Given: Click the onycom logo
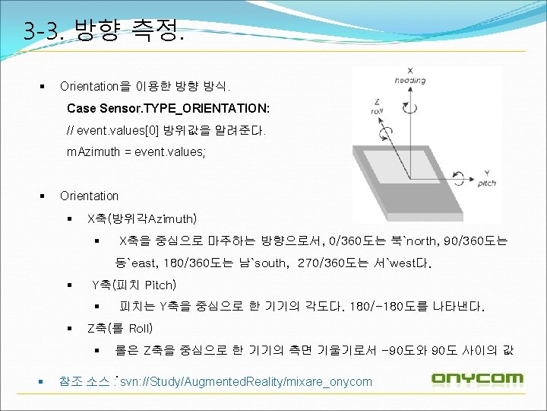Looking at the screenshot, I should click(x=477, y=378).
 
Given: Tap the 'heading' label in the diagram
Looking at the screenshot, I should click(x=410, y=80).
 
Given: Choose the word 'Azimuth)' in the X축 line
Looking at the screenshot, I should click(x=172, y=219).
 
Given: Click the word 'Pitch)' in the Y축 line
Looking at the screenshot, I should click(x=160, y=285).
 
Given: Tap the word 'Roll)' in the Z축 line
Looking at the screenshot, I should click(x=141, y=329).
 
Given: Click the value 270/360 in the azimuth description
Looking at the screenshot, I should click(x=322, y=263).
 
